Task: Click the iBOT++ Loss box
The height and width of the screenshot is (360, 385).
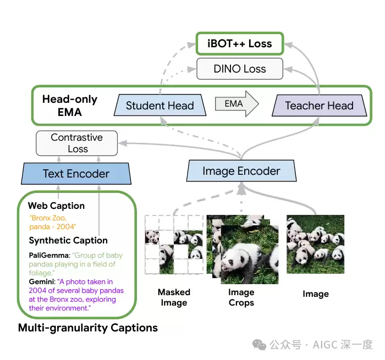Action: click(x=240, y=43)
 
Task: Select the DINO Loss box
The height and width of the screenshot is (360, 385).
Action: click(x=240, y=69)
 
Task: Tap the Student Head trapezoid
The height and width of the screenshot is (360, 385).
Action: click(x=160, y=106)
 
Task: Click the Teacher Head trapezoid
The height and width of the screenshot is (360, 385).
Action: click(x=319, y=106)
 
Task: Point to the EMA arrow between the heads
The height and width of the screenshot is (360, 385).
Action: click(x=237, y=104)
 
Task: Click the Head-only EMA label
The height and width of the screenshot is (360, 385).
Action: click(x=70, y=106)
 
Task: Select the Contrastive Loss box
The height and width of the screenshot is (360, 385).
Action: click(x=76, y=143)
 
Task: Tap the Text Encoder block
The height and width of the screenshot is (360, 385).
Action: click(x=76, y=174)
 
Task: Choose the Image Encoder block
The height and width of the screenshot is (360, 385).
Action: click(x=241, y=171)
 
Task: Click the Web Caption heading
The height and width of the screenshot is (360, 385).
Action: click(x=56, y=206)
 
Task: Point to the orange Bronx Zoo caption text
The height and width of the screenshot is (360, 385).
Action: click(x=53, y=222)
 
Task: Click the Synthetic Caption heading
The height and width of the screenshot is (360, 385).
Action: click(x=68, y=240)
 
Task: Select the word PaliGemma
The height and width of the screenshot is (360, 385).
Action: click(x=50, y=255)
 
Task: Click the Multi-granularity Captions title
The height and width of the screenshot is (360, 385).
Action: click(x=88, y=328)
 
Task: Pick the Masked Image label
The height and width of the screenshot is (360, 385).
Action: click(x=174, y=297)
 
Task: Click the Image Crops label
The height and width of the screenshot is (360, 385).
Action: click(x=241, y=297)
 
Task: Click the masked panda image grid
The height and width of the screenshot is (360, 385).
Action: click(x=174, y=245)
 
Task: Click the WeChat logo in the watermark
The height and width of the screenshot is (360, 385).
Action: click(x=259, y=345)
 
